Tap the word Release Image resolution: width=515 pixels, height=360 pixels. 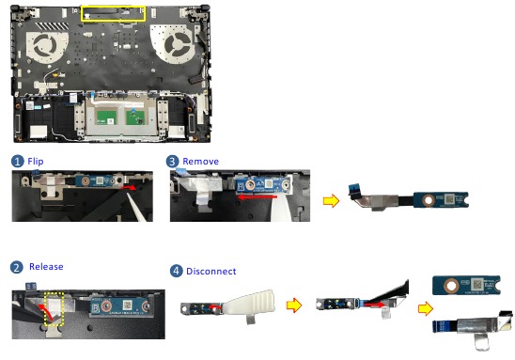tap(46, 266)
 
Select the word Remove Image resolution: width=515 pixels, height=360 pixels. tap(200, 161)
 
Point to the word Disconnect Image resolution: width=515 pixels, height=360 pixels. tap(210, 271)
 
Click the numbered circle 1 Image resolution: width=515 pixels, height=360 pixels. tap(19, 161)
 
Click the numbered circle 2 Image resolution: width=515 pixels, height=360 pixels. tap(18, 266)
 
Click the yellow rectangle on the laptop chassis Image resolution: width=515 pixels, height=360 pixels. tap(114, 13)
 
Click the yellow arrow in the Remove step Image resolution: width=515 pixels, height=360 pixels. tap(329, 199)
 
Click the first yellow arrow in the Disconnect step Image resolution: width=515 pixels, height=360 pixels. tap(294, 305)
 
